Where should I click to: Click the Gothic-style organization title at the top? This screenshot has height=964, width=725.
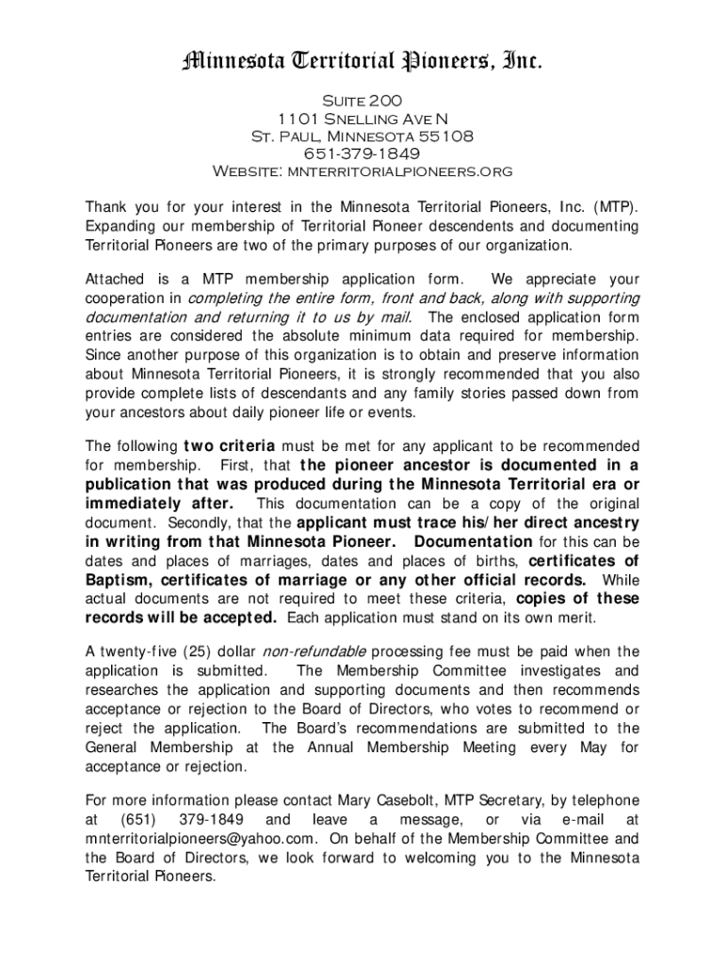[362, 62]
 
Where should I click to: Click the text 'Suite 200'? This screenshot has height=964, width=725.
[362, 99]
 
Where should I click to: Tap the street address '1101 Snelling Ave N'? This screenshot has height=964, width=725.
[362, 118]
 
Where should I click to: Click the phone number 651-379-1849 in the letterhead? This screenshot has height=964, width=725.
[362, 153]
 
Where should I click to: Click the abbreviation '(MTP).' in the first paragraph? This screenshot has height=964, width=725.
[616, 207]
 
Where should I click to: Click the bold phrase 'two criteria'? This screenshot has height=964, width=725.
[229, 445]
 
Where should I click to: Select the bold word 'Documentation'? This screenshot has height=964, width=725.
[474, 541]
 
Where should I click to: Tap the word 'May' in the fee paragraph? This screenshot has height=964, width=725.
[596, 747]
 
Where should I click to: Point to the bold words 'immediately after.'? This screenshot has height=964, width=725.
[158, 503]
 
